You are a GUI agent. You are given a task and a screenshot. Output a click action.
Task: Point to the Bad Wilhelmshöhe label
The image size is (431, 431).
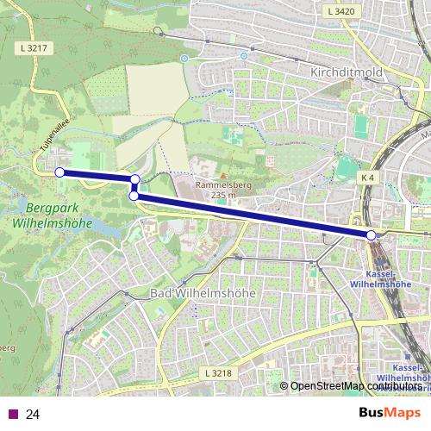(203, 293)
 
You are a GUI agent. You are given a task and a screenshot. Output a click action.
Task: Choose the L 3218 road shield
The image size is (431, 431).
(221, 372)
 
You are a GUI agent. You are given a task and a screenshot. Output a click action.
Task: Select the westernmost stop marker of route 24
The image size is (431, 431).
(59, 172)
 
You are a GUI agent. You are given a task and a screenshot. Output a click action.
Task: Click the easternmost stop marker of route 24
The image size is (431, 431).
(372, 235)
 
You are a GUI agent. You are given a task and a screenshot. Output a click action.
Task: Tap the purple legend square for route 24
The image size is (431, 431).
(11, 414)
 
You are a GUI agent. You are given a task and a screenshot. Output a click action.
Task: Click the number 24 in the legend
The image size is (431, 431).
(34, 414)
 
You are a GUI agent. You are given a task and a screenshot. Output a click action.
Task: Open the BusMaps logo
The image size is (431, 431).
(389, 413)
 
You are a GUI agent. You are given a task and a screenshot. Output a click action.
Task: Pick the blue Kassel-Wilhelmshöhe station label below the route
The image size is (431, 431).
(380, 278)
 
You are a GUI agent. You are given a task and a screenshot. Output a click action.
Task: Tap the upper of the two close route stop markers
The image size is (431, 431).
(135, 179)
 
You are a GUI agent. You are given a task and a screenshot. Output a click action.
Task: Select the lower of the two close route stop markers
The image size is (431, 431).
(134, 196)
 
